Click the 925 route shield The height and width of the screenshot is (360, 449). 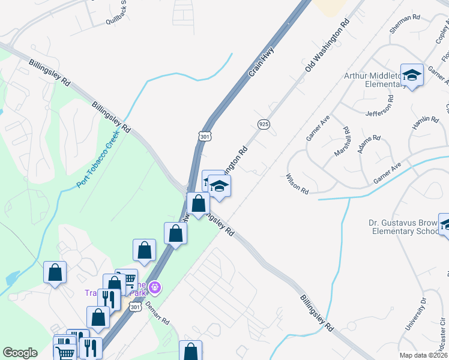click(x=264, y=124)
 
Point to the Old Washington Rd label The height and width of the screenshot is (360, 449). click(x=327, y=46)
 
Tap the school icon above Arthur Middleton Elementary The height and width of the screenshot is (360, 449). click(x=412, y=75)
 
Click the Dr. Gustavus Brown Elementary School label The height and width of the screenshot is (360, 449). click(x=403, y=227)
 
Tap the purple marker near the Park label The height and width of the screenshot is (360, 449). click(x=155, y=288)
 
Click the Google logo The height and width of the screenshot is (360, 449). click(x=20, y=353)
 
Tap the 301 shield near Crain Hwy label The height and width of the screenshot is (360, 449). click(x=205, y=136)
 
